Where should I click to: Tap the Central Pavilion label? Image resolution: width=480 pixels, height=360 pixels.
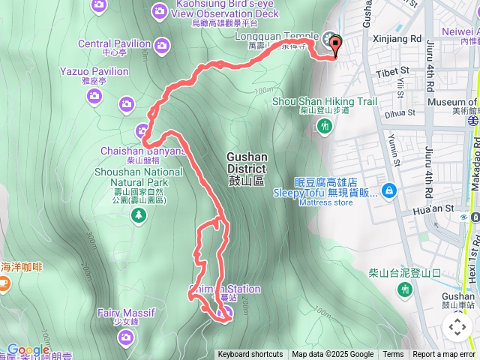click(114, 43)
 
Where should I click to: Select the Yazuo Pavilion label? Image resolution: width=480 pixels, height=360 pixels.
click(94, 72)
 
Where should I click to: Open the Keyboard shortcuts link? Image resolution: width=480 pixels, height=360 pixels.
click(250, 355)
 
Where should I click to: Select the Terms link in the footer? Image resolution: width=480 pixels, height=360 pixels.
click(393, 355)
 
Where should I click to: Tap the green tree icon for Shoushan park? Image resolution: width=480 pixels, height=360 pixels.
click(138, 217)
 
